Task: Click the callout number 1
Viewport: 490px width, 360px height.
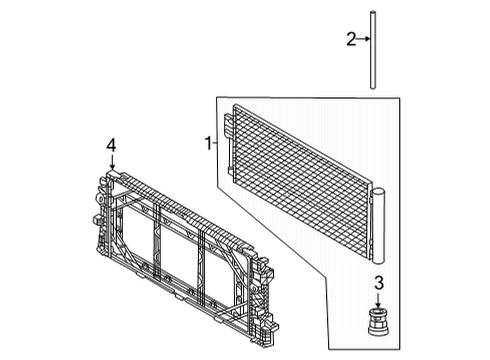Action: [209, 144]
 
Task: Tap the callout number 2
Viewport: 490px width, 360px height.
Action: [351, 40]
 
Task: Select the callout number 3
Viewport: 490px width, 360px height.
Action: [379, 283]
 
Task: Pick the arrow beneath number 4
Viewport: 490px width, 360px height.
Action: [112, 162]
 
